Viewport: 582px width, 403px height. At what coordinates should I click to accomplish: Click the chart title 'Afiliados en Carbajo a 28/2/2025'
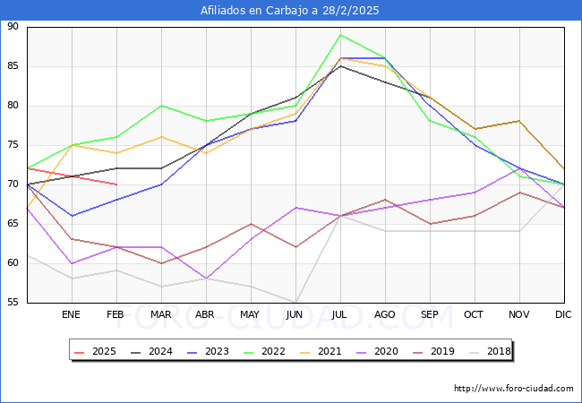pyautogui.click(x=291, y=11)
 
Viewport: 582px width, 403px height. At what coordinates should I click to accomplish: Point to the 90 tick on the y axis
pyautogui.click(x=13, y=27)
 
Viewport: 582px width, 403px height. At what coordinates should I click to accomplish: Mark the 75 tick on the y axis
pyautogui.click(x=13, y=145)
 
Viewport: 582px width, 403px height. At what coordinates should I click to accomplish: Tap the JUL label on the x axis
pyautogui.click(x=340, y=315)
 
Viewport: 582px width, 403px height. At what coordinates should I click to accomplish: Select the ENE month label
pyautogui.click(x=72, y=315)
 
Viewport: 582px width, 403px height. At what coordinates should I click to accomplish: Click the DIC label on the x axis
pyautogui.click(x=563, y=315)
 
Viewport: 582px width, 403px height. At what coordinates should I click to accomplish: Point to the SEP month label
pyautogui.click(x=430, y=315)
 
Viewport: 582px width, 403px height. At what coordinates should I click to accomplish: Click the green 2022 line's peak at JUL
pyautogui.click(x=340, y=35)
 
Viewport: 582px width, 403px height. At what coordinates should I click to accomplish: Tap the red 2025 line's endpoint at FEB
pyautogui.click(x=116, y=184)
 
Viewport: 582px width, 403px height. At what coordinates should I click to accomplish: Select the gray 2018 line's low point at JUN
pyautogui.click(x=295, y=303)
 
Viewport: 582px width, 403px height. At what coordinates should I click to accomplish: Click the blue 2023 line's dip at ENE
pyautogui.click(x=72, y=216)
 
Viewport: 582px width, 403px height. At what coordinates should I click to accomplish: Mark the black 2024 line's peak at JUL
pyautogui.click(x=340, y=66)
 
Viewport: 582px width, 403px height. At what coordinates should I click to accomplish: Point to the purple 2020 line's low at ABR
pyautogui.click(x=206, y=279)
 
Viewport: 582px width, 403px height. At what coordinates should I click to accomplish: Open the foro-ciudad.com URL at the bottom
pyautogui.click(x=513, y=389)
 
